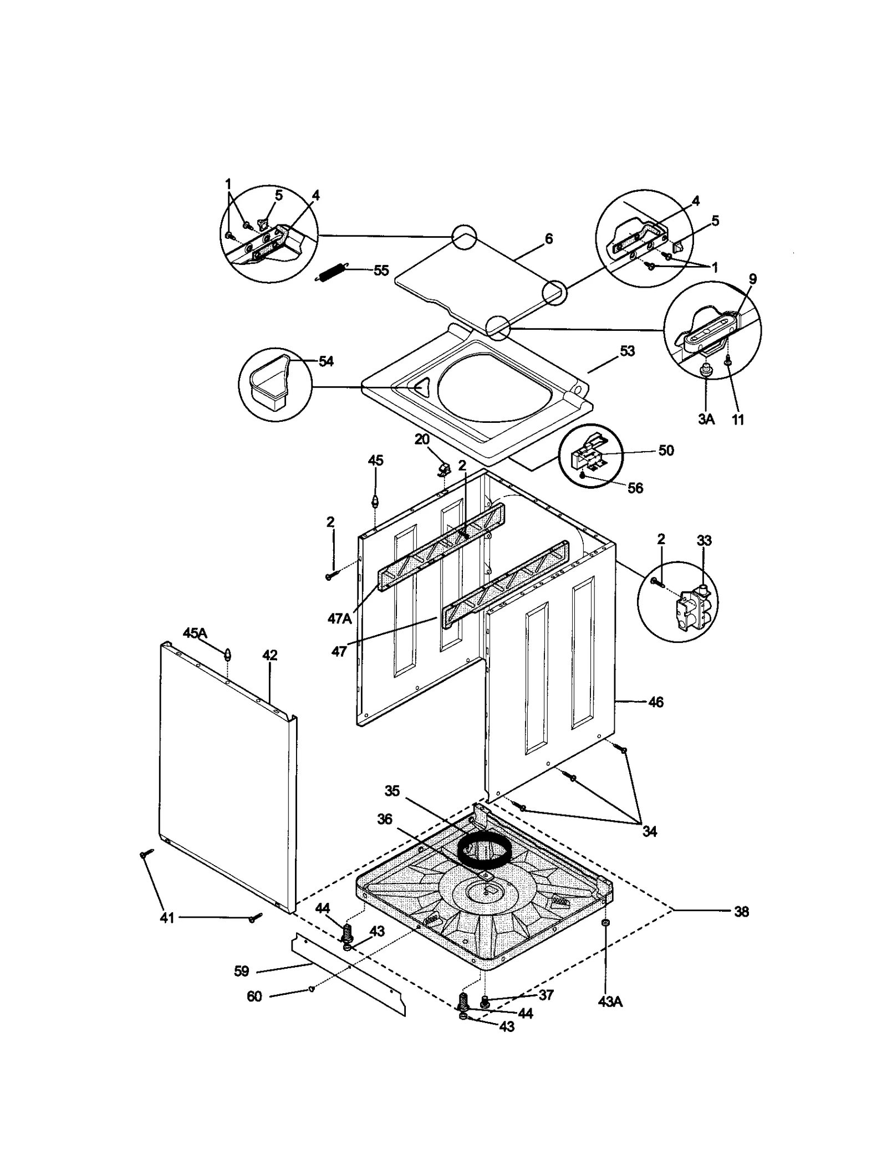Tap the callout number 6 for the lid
tap(548, 239)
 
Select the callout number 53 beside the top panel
tap(627, 351)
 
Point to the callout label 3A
tap(706, 419)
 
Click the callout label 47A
tap(339, 618)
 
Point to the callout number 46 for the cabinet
tap(655, 702)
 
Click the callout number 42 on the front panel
tap(269, 655)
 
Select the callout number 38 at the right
tap(741, 911)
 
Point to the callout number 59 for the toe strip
tap(241, 972)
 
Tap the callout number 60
tap(254, 996)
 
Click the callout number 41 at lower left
tap(167, 918)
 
